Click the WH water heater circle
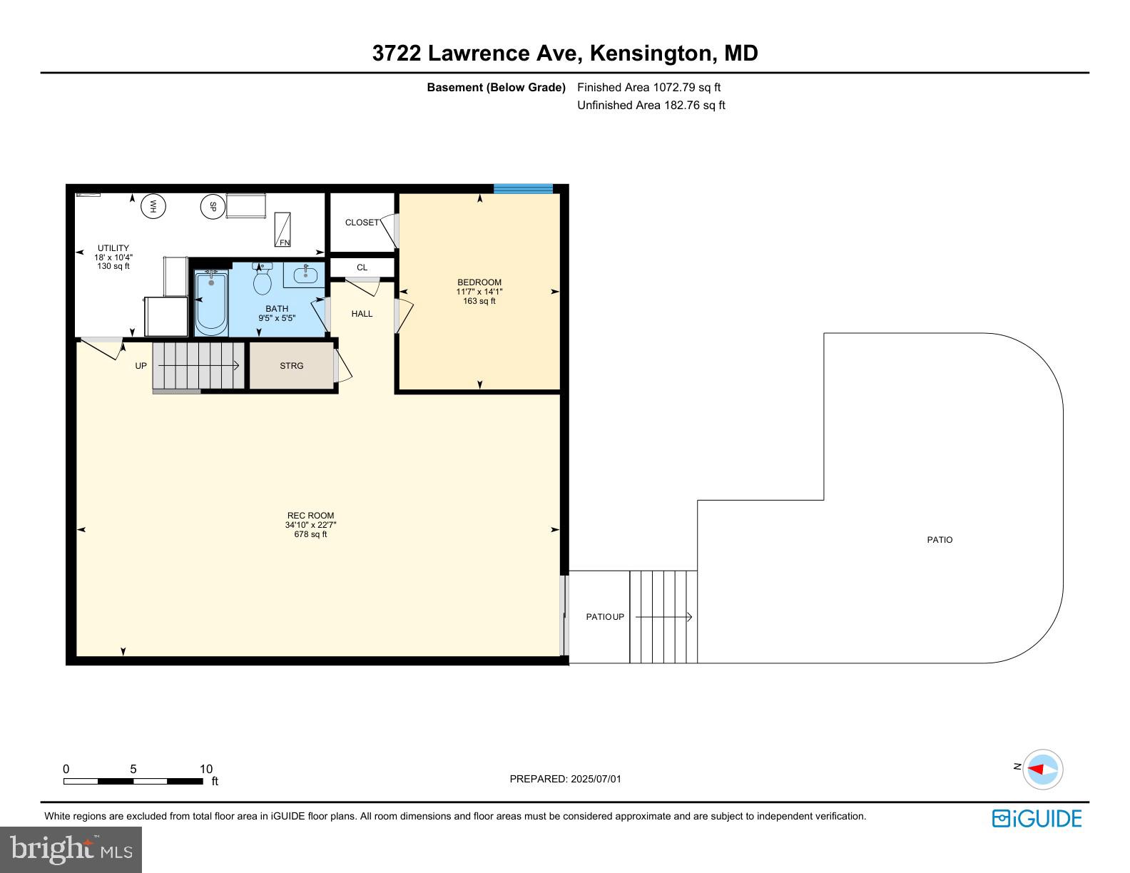click(153, 206)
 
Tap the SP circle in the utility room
click(213, 206)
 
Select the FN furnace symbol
click(282, 229)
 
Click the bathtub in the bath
click(211, 304)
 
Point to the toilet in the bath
click(262, 280)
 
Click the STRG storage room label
click(291, 366)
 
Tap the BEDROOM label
click(479, 282)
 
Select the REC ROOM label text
click(310, 516)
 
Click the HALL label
click(362, 314)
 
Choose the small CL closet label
click(362, 267)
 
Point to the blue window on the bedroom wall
click(523, 189)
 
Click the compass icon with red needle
click(1043, 770)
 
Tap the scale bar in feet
click(133, 781)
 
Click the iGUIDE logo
click(1037, 819)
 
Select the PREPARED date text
click(565, 779)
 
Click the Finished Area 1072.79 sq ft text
click(648, 87)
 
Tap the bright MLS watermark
click(71, 849)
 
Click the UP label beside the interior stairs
click(141, 366)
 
